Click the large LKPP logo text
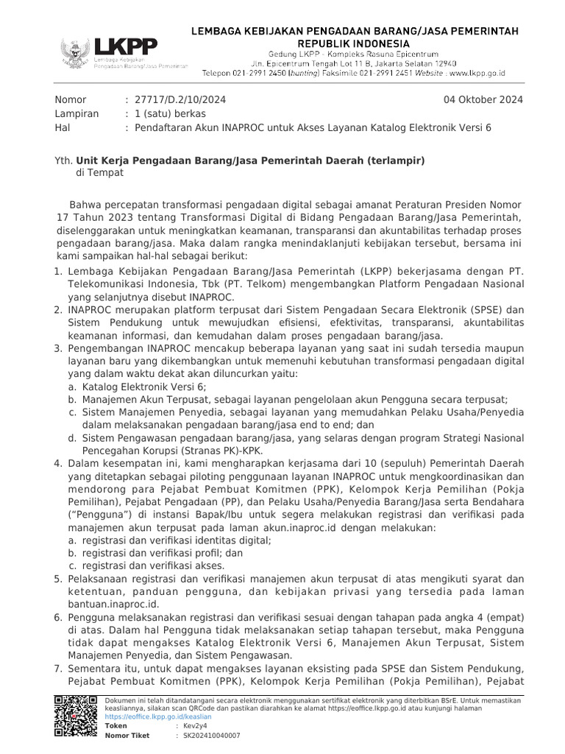click(x=125, y=47)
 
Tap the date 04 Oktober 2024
click(x=483, y=99)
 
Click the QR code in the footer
click(x=76, y=716)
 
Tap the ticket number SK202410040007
click(x=212, y=735)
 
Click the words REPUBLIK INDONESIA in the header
click(x=355, y=43)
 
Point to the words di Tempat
click(x=100, y=172)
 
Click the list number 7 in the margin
click(x=60, y=669)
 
